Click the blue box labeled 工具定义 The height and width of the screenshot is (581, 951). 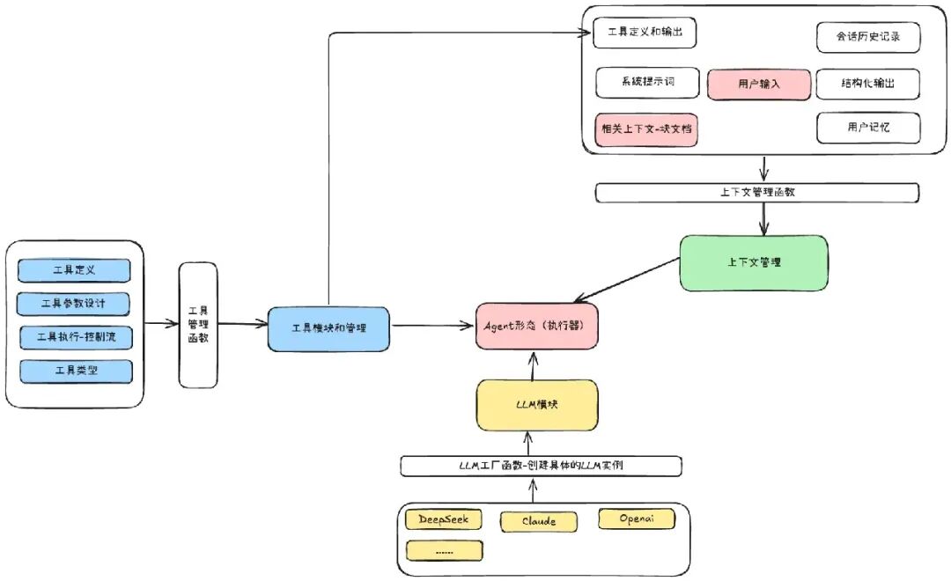[74, 270]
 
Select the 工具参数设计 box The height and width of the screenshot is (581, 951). [73, 304]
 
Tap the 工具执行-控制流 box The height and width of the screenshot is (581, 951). [76, 337]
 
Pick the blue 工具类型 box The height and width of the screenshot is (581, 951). [76, 371]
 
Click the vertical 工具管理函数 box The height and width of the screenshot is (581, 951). [198, 325]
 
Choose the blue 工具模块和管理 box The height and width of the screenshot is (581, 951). [328, 328]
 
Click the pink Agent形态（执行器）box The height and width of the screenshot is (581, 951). [537, 327]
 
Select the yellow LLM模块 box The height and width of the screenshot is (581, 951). [537, 405]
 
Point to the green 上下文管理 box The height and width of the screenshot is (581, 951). [754, 263]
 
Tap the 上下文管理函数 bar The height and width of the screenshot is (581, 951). [757, 193]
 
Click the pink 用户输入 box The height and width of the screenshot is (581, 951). [759, 85]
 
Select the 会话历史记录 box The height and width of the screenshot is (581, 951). [868, 37]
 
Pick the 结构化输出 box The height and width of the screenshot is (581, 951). [868, 84]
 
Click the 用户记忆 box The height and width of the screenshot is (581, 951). [868, 128]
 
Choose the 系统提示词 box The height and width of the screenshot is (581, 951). [648, 83]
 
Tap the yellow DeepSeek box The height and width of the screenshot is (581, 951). [443, 519]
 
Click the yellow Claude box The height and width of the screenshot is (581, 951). [539, 521]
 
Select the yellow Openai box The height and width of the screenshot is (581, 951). [637, 519]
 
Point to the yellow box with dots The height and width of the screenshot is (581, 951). [445, 551]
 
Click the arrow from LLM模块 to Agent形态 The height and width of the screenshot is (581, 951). [533, 365]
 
